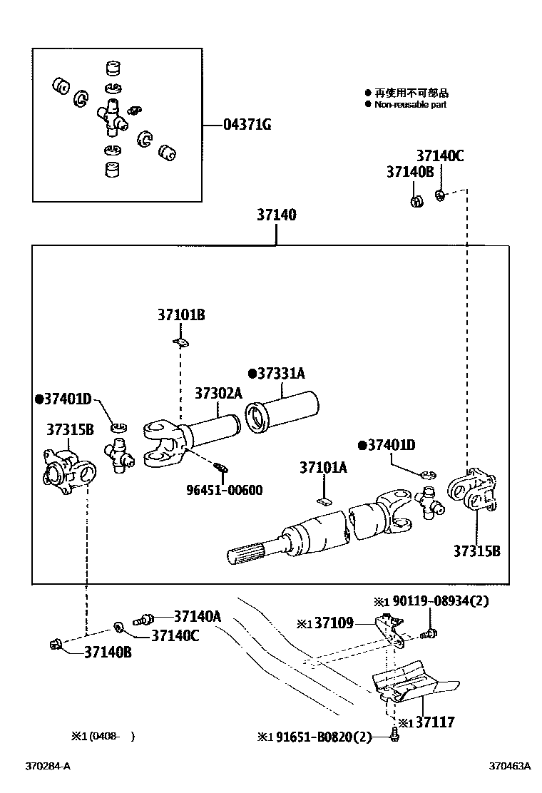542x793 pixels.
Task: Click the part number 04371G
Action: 247,124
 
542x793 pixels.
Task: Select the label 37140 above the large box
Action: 277,215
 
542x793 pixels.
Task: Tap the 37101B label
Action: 181,315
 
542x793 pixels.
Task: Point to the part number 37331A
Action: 281,374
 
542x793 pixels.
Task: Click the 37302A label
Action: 218,393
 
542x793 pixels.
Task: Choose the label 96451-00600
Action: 225,490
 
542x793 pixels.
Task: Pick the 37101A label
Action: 324,467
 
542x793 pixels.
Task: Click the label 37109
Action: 334,623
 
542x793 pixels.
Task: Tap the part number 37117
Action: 435,722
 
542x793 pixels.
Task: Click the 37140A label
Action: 198,616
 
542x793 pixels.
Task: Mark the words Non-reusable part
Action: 411,105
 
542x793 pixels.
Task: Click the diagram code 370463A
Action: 510,766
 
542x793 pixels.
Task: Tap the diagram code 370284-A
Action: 48,766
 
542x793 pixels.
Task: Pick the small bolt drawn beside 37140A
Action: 143,619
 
